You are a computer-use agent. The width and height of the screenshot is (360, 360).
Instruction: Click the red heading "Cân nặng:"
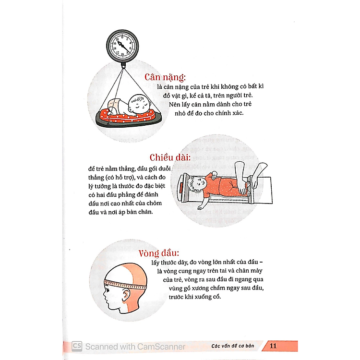click(x=165, y=77)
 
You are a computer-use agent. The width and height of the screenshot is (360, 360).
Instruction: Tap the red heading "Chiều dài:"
click(x=170, y=157)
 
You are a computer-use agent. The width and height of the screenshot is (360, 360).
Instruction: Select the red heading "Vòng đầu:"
click(x=159, y=253)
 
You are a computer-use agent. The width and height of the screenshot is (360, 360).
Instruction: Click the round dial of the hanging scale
click(x=122, y=46)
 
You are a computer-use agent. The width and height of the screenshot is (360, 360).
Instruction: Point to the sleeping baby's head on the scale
click(x=138, y=104)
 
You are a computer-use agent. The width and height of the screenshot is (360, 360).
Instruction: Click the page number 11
click(x=273, y=346)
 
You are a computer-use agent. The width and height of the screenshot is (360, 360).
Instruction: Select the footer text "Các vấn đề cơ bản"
click(x=233, y=346)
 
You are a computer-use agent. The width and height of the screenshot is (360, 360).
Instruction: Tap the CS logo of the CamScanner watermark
click(x=77, y=346)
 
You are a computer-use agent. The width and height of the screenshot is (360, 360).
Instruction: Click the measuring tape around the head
click(x=125, y=284)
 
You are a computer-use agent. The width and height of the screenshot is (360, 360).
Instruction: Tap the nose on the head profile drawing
click(x=105, y=294)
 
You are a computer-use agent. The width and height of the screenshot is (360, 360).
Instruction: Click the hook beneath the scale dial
click(x=123, y=66)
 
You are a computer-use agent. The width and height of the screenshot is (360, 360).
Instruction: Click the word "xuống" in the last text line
click(x=203, y=297)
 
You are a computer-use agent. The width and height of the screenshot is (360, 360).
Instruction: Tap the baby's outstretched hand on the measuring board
click(x=200, y=207)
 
